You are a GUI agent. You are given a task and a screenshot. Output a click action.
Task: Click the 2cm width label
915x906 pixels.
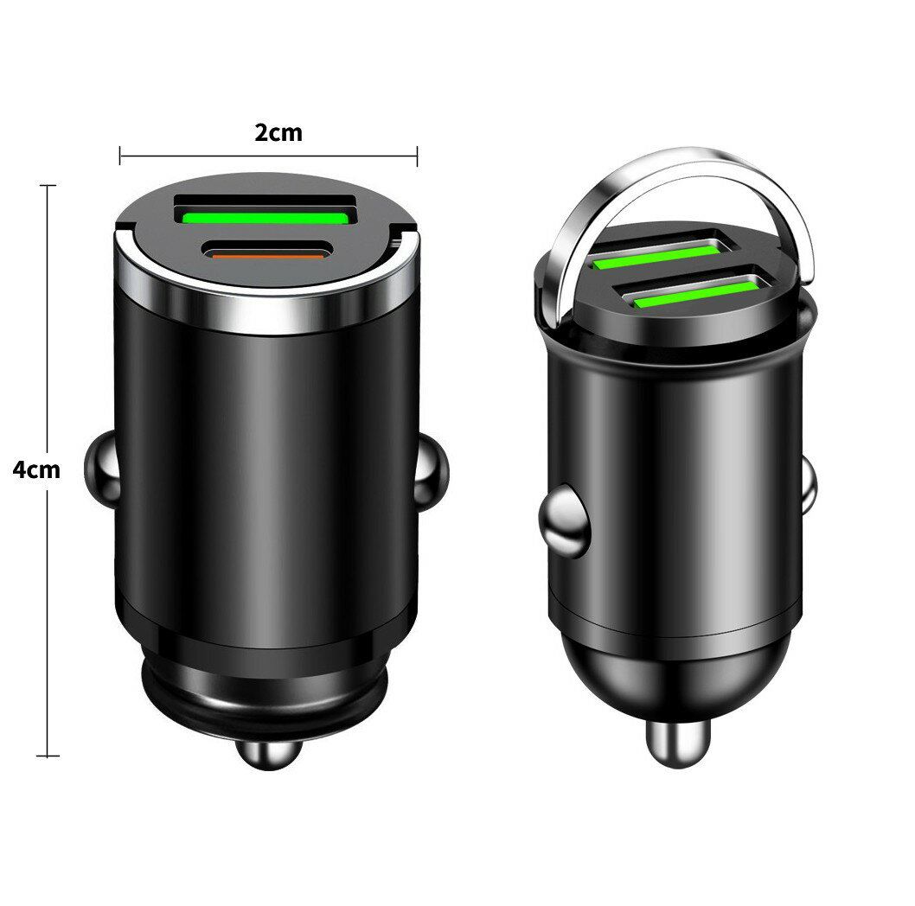click(x=278, y=133)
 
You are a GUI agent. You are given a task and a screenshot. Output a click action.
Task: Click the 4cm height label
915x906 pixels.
click(x=36, y=469)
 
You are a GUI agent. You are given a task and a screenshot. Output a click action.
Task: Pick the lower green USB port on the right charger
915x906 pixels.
click(x=699, y=290)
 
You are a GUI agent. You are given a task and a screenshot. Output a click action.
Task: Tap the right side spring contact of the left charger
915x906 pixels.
click(x=433, y=470)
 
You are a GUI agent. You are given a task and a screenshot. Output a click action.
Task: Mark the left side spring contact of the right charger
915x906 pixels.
click(x=563, y=522)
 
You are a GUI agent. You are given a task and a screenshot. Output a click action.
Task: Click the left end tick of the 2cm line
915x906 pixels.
click(x=120, y=156)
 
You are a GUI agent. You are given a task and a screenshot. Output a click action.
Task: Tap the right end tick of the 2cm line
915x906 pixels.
click(x=418, y=156)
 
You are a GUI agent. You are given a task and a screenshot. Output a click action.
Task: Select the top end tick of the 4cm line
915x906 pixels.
click(x=48, y=186)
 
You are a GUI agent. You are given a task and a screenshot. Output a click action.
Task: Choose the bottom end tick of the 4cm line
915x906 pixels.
click(x=48, y=756)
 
